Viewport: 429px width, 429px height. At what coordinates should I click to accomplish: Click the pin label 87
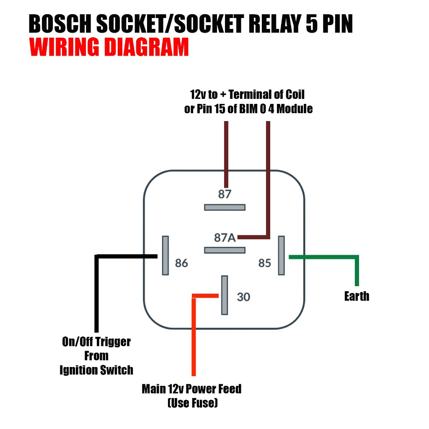(225, 194)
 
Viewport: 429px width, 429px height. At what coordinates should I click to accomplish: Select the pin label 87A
(225, 238)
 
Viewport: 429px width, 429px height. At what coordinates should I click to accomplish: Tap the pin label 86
(181, 264)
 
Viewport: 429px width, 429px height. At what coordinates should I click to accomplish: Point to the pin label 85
(265, 263)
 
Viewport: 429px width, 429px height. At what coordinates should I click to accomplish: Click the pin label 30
(243, 297)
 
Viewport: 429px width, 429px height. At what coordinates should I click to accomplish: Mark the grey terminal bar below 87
(225, 207)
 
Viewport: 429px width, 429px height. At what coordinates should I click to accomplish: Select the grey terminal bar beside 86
(165, 255)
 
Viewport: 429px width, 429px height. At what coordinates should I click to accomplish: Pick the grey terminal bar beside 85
(281, 255)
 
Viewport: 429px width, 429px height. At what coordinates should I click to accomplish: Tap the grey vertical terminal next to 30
(225, 295)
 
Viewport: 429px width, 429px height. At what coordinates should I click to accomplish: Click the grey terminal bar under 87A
(225, 250)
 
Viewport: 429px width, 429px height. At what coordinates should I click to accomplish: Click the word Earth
(357, 297)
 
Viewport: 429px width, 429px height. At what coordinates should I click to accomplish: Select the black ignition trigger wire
(97, 293)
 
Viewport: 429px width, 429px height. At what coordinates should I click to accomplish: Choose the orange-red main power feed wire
(194, 335)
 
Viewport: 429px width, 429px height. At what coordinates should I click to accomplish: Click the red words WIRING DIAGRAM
(109, 48)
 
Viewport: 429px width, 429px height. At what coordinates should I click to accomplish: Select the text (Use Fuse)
(192, 403)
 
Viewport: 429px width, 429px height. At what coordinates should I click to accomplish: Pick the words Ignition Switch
(96, 370)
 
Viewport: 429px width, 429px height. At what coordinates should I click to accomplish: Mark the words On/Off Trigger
(96, 342)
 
